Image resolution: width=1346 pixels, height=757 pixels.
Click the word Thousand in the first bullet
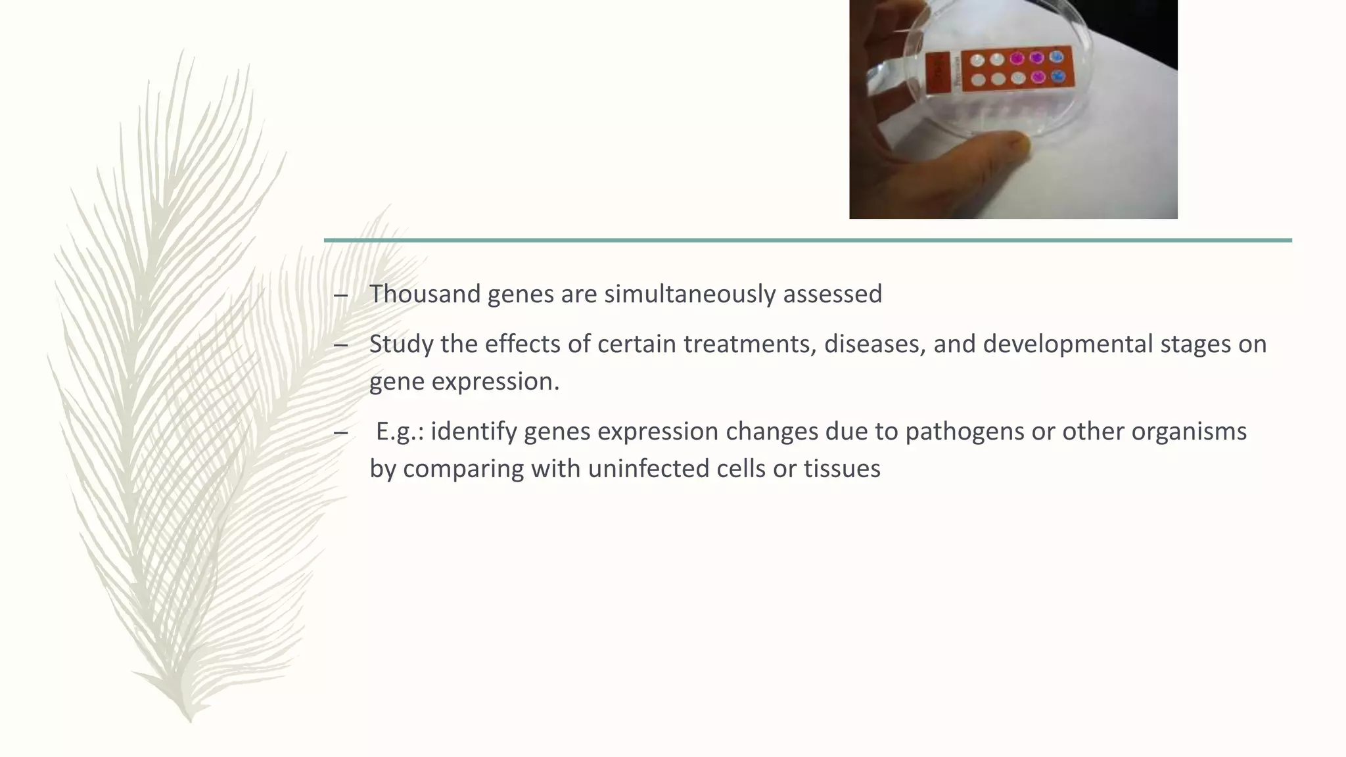tap(425, 294)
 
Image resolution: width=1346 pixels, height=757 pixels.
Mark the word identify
tap(474, 432)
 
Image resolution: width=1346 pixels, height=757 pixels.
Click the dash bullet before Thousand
tap(340, 295)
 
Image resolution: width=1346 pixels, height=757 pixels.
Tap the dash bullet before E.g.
tap(340, 433)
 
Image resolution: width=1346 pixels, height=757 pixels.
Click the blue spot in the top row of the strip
tap(1057, 57)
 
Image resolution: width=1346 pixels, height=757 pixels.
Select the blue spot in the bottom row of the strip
tap(1057, 77)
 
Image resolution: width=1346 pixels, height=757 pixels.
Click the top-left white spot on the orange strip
tap(978, 60)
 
